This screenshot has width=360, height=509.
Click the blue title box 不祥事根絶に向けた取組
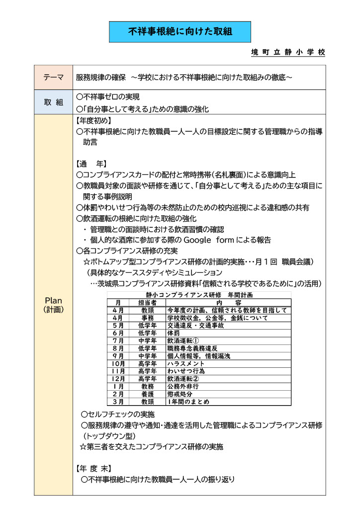tap(180, 32)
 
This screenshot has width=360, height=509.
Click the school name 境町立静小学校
tap(288, 53)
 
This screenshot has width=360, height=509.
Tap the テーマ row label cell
tap(54, 78)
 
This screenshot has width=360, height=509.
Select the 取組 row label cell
tap(54, 102)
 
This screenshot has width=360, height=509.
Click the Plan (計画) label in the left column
tap(53, 305)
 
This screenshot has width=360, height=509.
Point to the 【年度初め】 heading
tap(93, 121)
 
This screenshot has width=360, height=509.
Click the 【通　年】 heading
tap(91, 164)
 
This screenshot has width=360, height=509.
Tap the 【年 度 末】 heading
tap(93, 469)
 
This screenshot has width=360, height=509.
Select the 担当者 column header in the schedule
tap(147, 302)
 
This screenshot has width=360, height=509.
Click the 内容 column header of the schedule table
tap(229, 302)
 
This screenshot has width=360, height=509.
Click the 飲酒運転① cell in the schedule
tap(180, 340)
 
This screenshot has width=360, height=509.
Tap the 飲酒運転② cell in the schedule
tap(180, 379)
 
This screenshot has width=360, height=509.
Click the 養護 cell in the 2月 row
tap(147, 394)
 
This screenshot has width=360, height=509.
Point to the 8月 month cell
tap(118, 348)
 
